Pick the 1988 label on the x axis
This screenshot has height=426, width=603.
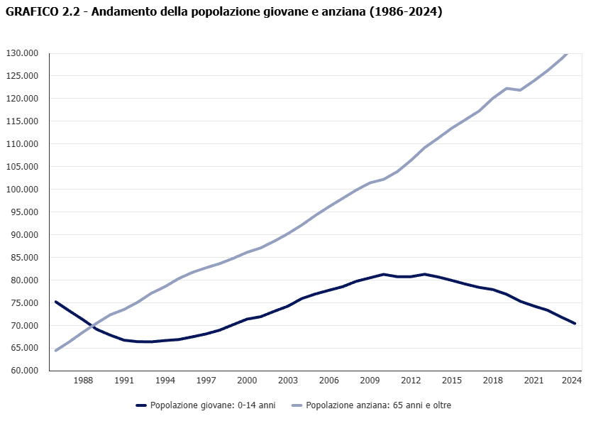coord(84,381)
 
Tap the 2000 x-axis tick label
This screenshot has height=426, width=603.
coord(247,381)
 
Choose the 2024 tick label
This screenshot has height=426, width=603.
coord(572,381)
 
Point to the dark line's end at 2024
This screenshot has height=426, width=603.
coord(575,323)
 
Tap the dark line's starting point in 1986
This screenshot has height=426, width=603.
coord(55,302)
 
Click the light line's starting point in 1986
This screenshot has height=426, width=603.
coord(55,350)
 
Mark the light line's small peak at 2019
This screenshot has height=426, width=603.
coord(507,88)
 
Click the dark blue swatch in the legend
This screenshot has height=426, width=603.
coord(140,405)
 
